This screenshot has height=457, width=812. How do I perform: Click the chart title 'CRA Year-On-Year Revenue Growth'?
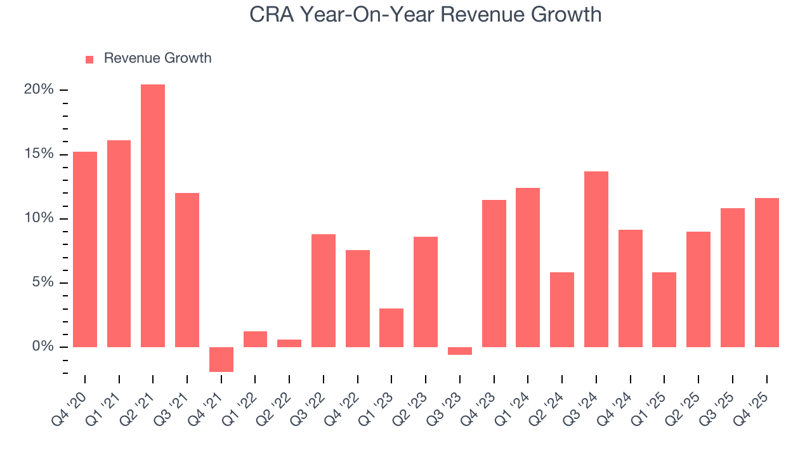[425, 14]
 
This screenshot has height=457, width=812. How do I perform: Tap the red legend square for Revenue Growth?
[89, 59]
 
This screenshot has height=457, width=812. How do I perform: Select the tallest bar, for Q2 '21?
[153, 216]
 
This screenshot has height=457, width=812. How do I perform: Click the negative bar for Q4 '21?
[221, 359]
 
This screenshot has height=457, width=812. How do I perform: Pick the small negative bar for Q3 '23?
[460, 351]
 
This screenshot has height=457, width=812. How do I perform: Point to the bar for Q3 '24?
[596, 259]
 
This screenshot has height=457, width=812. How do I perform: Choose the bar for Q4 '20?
[85, 249]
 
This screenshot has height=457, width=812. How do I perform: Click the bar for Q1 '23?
[391, 328]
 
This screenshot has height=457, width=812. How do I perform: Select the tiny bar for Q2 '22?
[289, 343]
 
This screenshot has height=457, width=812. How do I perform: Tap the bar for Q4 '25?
[766, 272]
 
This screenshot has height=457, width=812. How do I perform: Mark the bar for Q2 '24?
[562, 310]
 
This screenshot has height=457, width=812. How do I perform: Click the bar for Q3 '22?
[324, 291]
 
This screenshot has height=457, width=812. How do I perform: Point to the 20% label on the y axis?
[39, 89]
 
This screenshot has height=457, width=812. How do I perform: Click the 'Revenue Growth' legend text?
[157, 58]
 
